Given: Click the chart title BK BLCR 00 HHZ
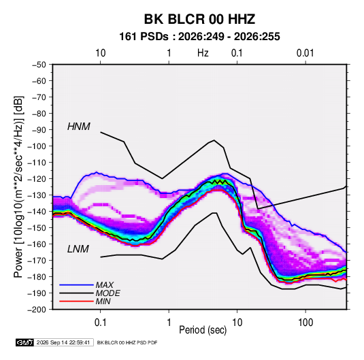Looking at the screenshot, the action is (199, 19).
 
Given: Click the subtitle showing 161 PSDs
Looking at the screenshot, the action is (199, 37).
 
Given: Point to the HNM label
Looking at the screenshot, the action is (79, 127).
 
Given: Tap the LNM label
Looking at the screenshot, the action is (78, 249).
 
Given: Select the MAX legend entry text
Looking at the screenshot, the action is (105, 285).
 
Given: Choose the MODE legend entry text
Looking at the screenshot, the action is (107, 293).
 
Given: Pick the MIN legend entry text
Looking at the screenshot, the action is (103, 301).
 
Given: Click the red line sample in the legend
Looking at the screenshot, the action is (76, 301).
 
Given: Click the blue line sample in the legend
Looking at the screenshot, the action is (76, 284).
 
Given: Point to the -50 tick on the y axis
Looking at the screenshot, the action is (39, 65).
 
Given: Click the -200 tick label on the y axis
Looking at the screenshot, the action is (37, 310).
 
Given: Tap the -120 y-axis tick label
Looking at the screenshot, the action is (37, 179).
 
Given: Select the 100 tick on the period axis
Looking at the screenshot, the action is (305, 323).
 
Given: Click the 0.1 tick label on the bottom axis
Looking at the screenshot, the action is (100, 323).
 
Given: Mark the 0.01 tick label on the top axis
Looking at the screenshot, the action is (305, 53).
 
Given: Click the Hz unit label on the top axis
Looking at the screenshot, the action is (203, 53).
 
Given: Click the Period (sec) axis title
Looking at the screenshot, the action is (203, 330).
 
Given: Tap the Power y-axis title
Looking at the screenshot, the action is (18, 187).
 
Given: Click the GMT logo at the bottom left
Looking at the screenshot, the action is (25, 342).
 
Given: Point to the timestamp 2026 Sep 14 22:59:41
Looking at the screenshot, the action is (63, 342).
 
